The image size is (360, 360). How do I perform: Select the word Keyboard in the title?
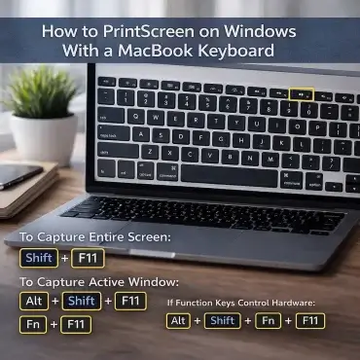tap(239, 50)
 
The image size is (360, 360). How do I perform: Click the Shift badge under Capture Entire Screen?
tap(38, 259)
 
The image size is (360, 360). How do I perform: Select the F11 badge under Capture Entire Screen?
tap(90, 259)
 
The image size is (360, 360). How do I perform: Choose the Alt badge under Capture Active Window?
tap(33, 301)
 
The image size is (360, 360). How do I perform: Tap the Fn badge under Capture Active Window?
tap(32, 324)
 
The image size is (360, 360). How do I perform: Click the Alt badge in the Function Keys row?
tap(179, 321)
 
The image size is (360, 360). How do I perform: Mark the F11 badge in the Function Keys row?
tap(309, 321)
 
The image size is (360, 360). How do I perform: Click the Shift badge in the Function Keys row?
tap(223, 321)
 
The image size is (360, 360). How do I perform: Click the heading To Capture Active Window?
tap(101, 281)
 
